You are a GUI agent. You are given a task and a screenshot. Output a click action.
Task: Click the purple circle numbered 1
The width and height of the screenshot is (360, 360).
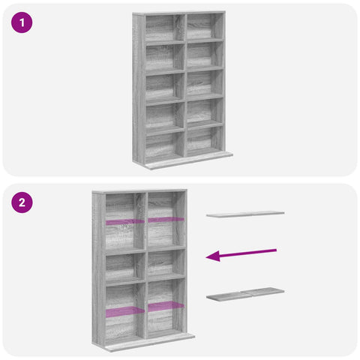pos(22,22)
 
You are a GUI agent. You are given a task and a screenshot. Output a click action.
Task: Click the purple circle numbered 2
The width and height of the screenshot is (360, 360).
pos(22,202)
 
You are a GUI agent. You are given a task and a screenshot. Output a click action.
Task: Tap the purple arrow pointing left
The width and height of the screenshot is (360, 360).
pos(241,255)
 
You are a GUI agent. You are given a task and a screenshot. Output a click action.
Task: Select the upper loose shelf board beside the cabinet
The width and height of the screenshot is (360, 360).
pos(245,214)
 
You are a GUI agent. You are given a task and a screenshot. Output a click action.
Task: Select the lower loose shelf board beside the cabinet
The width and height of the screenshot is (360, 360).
pos(245,294)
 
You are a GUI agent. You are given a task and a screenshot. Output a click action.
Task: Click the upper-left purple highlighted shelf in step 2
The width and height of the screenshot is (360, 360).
pos(125,222)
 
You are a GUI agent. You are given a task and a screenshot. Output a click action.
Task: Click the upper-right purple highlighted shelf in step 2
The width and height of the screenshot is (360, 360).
pos(166,220)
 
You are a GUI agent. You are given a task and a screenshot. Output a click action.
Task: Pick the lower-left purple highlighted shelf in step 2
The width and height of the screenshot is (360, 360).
pos(125,312)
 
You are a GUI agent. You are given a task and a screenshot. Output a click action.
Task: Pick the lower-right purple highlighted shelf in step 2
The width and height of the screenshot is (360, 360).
pos(166,306)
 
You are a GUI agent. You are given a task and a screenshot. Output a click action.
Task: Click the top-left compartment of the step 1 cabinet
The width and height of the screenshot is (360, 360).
pos(165,28)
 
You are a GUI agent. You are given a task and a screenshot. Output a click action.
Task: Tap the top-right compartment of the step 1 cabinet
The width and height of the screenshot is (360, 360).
pos(205,27)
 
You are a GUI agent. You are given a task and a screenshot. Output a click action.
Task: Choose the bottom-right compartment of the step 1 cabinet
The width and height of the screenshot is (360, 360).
pos(205,140)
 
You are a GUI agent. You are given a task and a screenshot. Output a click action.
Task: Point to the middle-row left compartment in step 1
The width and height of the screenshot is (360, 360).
pos(165,88)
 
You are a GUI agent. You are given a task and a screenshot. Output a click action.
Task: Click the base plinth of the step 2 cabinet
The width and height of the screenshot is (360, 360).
pos(150,343)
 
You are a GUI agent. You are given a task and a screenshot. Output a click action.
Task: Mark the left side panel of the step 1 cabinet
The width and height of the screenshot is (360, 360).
pos(139,88)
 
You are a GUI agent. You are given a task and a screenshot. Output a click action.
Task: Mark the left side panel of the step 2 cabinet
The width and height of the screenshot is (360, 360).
pos(99,268)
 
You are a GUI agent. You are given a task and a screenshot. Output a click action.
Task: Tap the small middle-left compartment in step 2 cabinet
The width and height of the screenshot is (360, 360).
pos(125,267)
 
